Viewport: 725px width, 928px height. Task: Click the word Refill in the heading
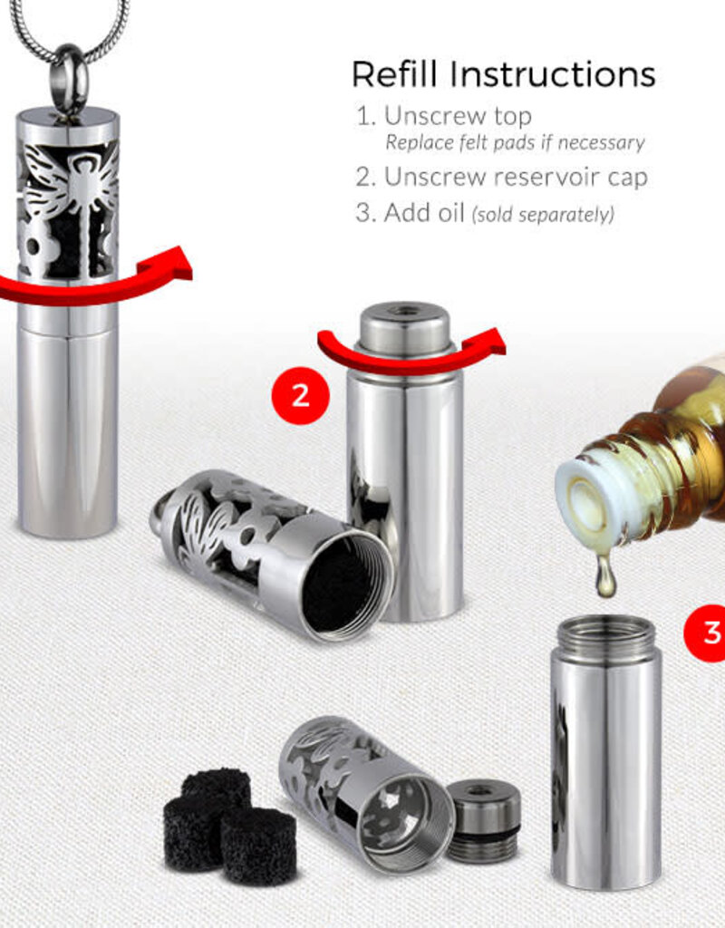[x=395, y=74]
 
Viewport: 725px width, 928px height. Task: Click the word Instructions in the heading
[x=552, y=74]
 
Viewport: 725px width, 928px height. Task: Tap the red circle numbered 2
[x=300, y=395]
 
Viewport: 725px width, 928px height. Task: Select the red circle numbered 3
[x=705, y=632]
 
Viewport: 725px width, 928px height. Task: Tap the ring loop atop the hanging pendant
[x=69, y=79]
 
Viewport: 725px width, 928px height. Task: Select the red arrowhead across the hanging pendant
[x=175, y=264]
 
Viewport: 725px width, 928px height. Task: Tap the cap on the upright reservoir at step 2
[x=405, y=332]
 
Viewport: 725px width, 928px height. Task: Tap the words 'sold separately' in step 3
[x=543, y=214]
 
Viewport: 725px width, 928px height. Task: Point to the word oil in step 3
[x=449, y=212]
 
